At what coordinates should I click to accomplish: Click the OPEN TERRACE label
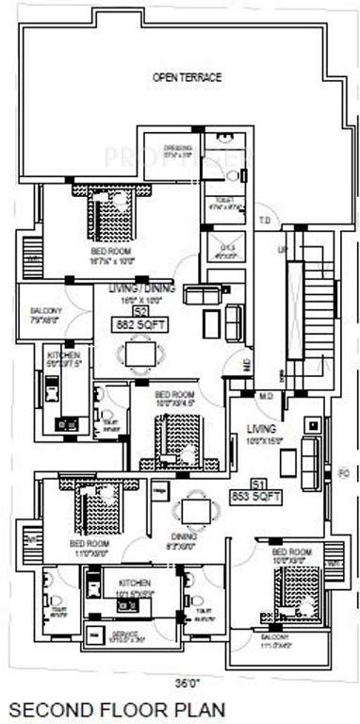tap(188, 77)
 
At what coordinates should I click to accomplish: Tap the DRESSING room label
tap(178, 148)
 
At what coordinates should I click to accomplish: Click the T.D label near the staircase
tap(265, 222)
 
